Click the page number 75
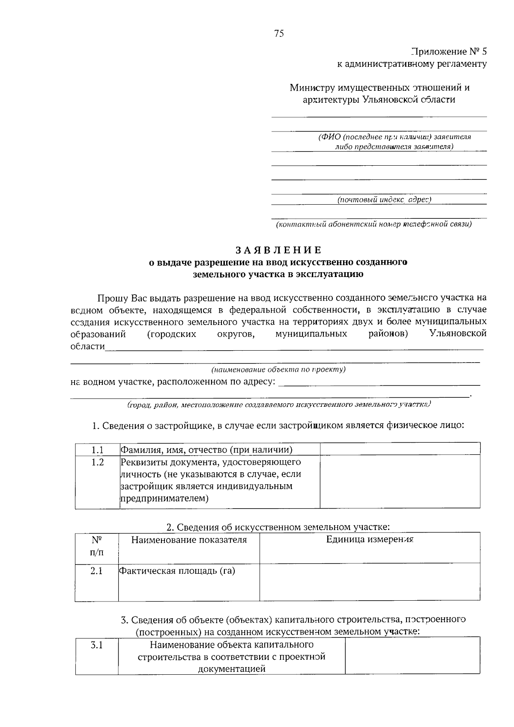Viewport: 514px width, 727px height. (x=279, y=34)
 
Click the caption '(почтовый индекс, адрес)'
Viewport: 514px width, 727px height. (x=384, y=200)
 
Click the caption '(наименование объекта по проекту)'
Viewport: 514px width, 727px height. (x=278, y=369)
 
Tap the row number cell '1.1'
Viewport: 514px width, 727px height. (x=97, y=450)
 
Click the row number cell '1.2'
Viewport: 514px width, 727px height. (x=97, y=462)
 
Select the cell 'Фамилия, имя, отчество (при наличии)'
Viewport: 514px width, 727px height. (x=206, y=450)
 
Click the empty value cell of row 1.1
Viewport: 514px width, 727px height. (x=400, y=449)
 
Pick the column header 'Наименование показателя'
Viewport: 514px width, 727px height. (x=189, y=540)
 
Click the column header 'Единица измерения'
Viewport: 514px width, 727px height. (x=369, y=539)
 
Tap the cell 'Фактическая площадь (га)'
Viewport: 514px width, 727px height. (x=177, y=571)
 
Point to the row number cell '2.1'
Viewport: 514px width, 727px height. (x=96, y=571)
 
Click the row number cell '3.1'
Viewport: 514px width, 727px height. (x=97, y=645)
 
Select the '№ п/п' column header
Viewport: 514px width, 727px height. (x=97, y=546)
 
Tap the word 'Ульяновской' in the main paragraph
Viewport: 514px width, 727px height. (x=458, y=334)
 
